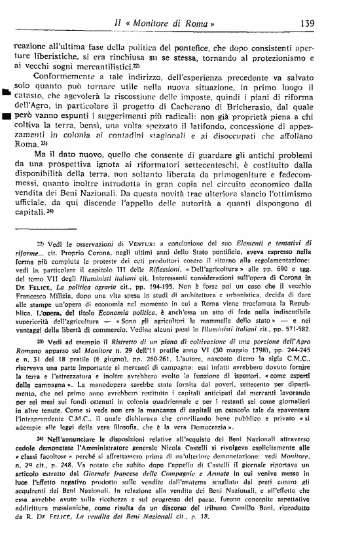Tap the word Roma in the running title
pyautogui.click(x=207, y=22)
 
